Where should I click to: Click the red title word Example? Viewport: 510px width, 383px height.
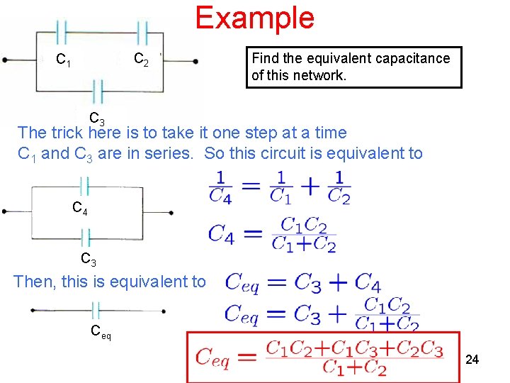(254, 17)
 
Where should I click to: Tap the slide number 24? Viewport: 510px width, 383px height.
(472, 360)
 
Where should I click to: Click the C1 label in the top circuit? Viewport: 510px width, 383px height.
(63, 61)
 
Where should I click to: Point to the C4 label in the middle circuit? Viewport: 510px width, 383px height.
(80, 208)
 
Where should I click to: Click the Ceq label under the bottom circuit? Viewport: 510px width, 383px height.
(100, 331)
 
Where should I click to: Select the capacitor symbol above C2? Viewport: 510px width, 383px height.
(142, 31)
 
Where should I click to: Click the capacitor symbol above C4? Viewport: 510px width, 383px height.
(85, 186)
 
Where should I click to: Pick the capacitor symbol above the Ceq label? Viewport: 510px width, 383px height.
(96, 311)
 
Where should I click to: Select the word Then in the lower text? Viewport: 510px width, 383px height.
(35, 282)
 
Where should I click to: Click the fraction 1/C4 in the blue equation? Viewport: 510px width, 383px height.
(220, 187)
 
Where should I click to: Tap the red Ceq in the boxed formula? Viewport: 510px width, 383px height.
(212, 357)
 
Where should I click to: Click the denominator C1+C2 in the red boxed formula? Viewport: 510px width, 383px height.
(354, 367)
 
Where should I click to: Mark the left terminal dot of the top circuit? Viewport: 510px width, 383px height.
(5, 60)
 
